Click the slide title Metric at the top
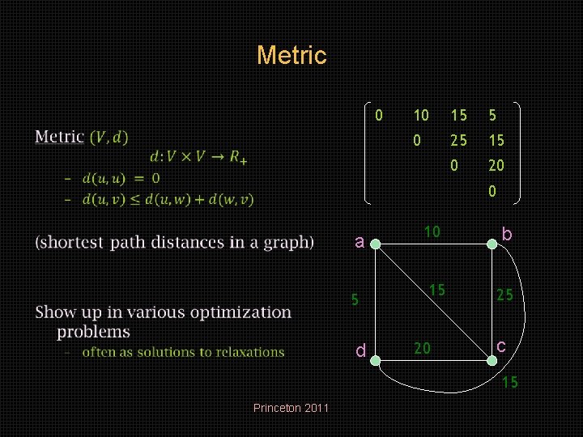[x=291, y=56]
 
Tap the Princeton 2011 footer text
[x=291, y=408]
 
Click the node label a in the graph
[x=361, y=240]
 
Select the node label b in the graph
[x=507, y=235]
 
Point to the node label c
[x=502, y=346]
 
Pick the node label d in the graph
[x=361, y=350]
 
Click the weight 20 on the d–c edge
[x=422, y=348]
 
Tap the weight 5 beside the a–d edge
[x=354, y=299]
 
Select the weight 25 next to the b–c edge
[x=504, y=295]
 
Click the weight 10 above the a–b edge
[x=432, y=232]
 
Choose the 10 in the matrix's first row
[x=421, y=116]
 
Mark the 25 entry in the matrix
[x=459, y=140]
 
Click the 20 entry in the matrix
[x=496, y=165]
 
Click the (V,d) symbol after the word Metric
[x=108, y=137]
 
